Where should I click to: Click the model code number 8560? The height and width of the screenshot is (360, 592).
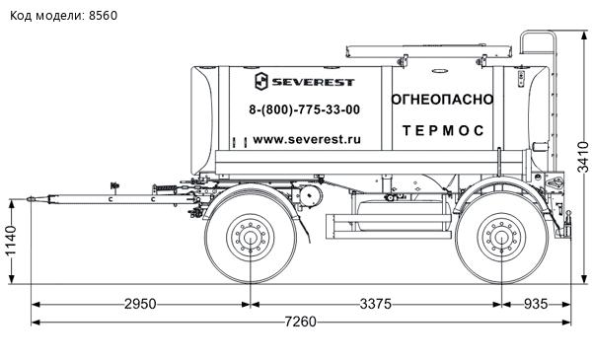click(103, 16)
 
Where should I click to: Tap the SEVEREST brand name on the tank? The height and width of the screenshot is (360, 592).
click(313, 82)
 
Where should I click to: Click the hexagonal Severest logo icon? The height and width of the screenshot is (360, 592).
click(261, 81)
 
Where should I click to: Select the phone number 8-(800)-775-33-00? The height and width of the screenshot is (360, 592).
click(304, 109)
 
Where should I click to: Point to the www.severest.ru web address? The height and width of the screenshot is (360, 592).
click(307, 140)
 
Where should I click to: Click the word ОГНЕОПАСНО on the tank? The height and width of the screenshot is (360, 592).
click(442, 100)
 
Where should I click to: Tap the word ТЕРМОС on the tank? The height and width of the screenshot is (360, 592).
click(443, 130)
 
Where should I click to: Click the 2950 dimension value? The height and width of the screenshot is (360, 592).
click(140, 304)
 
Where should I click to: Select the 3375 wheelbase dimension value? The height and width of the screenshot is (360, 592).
click(376, 304)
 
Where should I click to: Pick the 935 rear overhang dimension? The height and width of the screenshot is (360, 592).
click(536, 304)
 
